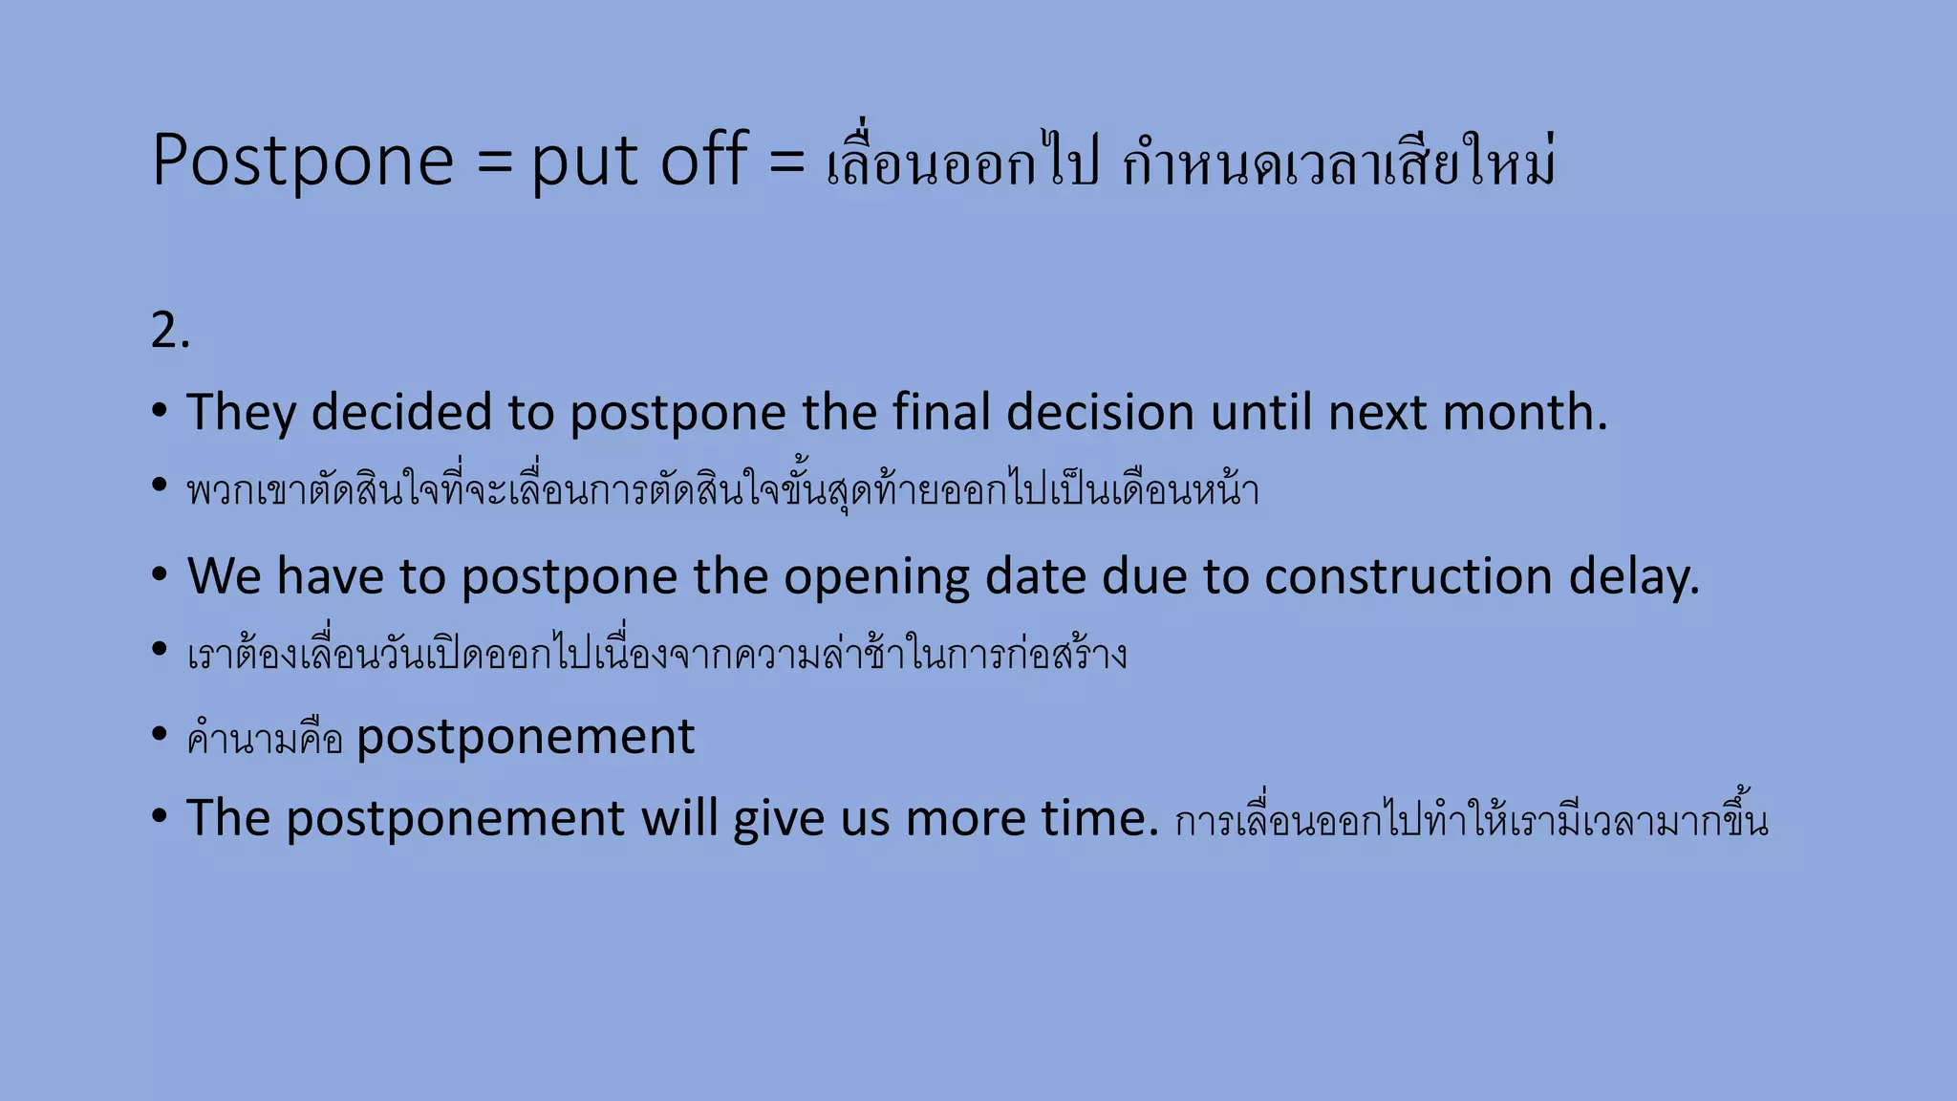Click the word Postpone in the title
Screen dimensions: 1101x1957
pyautogui.click(x=302, y=161)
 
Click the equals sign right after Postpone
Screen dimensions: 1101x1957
pyautogui.click(x=495, y=161)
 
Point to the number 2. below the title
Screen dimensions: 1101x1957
pyautogui.click(x=170, y=332)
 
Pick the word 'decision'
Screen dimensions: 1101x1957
pyautogui.click(x=1100, y=413)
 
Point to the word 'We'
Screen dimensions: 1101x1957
pyautogui.click(x=224, y=576)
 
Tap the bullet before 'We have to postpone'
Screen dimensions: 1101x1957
pyautogui.click(x=160, y=574)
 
